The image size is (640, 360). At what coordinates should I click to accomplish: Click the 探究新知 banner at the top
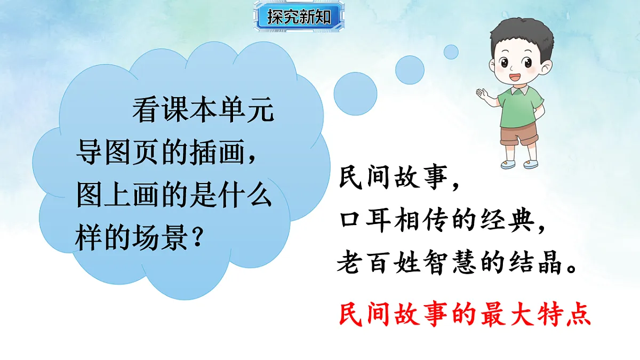tap(292, 17)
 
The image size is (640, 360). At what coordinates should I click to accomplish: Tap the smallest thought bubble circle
tap(451, 52)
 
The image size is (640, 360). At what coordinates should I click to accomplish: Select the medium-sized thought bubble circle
tap(410, 69)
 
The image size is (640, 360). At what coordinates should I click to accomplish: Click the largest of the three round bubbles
tap(355, 97)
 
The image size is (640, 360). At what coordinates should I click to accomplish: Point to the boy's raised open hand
tap(484, 94)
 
